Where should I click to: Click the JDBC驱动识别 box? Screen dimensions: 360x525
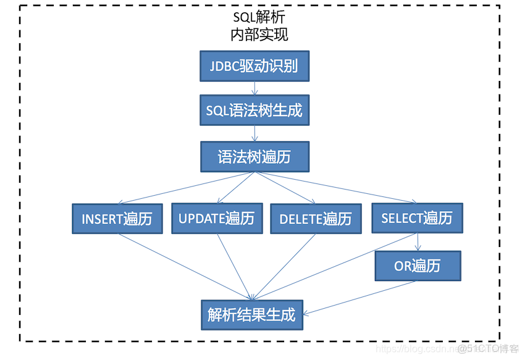[254, 66]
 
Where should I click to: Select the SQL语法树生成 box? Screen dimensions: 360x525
[254, 111]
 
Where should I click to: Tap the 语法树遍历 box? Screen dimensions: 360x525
[254, 157]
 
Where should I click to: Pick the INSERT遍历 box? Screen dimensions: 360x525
[117, 219]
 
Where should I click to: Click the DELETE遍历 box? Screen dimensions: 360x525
[316, 219]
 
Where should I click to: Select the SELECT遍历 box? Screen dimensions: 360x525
[417, 218]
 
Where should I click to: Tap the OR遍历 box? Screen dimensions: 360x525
[418, 266]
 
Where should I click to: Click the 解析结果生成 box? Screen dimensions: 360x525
[252, 314]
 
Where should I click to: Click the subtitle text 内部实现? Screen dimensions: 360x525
[259, 34]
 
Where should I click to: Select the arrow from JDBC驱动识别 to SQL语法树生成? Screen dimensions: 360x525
[254, 88]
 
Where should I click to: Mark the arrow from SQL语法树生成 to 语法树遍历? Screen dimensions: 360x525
[254, 133]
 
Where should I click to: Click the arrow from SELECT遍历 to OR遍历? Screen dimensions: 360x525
[419, 241]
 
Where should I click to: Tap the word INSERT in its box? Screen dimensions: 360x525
[102, 219]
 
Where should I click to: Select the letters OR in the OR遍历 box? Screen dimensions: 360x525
[403, 267]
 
